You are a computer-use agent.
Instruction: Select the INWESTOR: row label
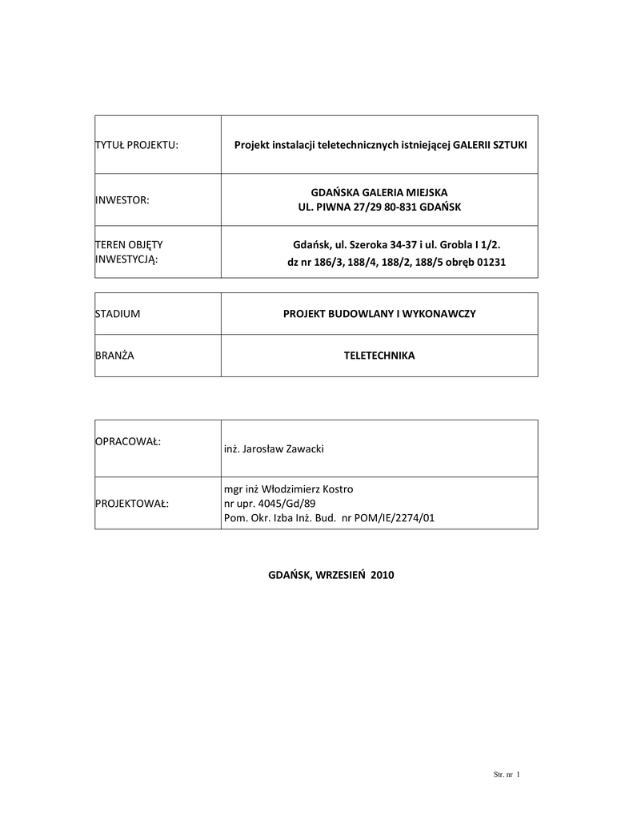click(122, 199)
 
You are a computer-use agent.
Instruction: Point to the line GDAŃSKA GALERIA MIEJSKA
click(379, 192)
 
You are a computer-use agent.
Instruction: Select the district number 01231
click(491, 262)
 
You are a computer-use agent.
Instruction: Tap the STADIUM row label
click(118, 314)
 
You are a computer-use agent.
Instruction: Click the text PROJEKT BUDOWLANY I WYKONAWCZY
click(379, 314)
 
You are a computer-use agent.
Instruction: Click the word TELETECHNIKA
click(379, 356)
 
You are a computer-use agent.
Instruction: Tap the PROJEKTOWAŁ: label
click(133, 504)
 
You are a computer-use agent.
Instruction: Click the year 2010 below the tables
click(382, 575)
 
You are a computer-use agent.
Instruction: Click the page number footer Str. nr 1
click(505, 774)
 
